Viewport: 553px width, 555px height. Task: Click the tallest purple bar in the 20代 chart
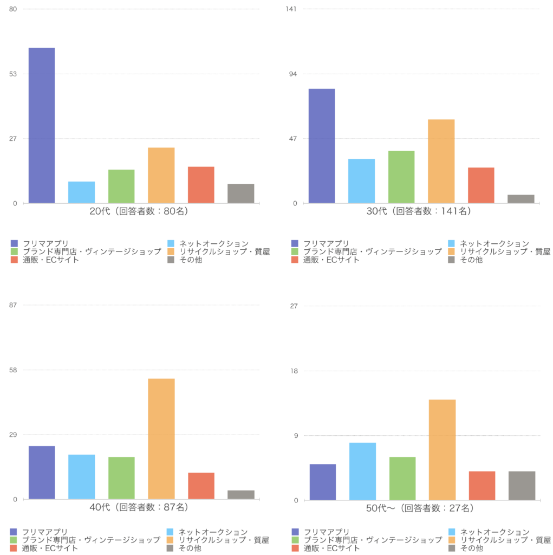click(42, 125)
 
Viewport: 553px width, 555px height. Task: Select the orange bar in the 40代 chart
click(161, 438)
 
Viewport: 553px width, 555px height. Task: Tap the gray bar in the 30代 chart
click(521, 199)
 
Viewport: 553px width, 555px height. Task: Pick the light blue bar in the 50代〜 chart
click(362, 471)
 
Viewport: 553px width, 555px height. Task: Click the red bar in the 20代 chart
click(201, 185)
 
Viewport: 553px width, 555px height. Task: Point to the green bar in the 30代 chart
click(401, 177)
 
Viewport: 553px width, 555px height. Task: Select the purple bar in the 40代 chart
click(42, 472)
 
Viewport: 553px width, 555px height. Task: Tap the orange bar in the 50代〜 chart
click(442, 449)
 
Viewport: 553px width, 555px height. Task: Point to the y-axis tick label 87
click(14, 306)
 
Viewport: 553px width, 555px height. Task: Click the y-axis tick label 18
click(294, 371)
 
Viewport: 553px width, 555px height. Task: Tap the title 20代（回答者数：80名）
click(139, 211)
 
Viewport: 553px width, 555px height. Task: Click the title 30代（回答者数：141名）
click(419, 211)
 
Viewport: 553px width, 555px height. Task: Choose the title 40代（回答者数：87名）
click(139, 508)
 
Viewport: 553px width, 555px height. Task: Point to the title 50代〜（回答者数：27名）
click(419, 508)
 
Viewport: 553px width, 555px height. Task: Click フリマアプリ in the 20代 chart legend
click(45, 243)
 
